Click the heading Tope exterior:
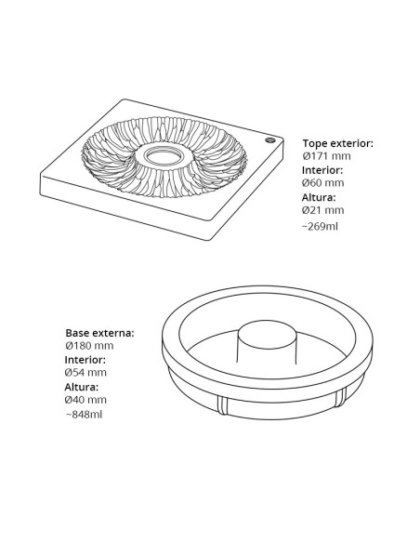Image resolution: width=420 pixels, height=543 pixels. coord(337,143)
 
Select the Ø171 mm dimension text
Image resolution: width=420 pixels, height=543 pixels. coord(326,156)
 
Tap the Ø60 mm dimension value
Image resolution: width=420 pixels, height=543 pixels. coord(323,183)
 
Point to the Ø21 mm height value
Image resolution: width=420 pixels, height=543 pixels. coord(323,210)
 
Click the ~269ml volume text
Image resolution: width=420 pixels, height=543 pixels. coord(320,227)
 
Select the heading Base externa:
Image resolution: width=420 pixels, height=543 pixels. coord(99,333)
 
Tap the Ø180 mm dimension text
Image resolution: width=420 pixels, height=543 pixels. coord(89,346)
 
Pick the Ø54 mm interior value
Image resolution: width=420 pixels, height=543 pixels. coord(85,373)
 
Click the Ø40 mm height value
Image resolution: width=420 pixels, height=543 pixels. coord(85,400)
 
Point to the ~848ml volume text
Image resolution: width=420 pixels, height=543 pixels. coord(84,415)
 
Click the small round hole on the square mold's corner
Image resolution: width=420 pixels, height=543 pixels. coord(270,140)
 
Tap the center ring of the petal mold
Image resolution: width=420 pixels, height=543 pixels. coord(164,156)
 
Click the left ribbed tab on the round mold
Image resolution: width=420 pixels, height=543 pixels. coord(223,405)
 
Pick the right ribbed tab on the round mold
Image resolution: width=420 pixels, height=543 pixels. coord(341,397)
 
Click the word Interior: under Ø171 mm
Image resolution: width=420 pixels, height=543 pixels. coord(322,170)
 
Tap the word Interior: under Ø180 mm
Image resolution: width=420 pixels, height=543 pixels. coord(85,360)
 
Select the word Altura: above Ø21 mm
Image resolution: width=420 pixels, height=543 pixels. coord(319,197)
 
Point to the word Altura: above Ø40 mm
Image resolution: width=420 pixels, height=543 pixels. coord(82,387)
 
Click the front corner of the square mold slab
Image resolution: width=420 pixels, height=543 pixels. coord(209,239)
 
